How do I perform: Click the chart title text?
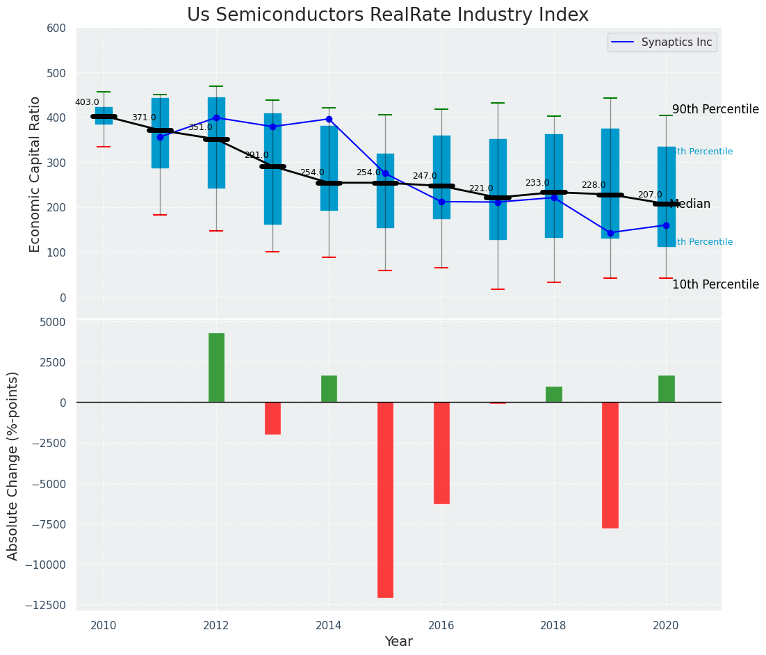387,15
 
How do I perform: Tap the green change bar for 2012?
216,367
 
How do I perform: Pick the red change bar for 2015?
385,499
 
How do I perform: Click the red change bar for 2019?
610,464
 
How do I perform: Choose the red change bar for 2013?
272,418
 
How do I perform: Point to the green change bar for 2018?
553,394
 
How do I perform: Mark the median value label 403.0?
87,103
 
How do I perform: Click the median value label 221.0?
480,189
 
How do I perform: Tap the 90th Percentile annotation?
715,110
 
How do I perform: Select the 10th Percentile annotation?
715,285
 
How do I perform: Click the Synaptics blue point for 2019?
610,233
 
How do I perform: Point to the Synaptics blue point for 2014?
329,119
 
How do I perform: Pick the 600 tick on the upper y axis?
56,29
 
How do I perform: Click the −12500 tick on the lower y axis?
43,605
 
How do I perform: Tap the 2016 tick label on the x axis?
441,624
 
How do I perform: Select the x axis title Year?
399,642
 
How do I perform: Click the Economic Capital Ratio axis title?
35,174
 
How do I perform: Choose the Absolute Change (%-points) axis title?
13,465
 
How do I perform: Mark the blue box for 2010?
104,115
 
